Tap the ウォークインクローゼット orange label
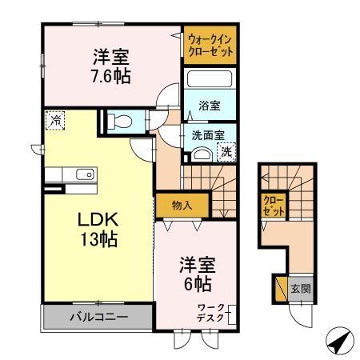[x=211, y=45]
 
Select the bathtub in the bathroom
[x=209, y=81]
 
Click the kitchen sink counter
[x=70, y=175]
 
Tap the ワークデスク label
[x=213, y=313]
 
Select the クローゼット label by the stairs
[x=273, y=206]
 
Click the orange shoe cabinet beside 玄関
[x=280, y=289]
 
